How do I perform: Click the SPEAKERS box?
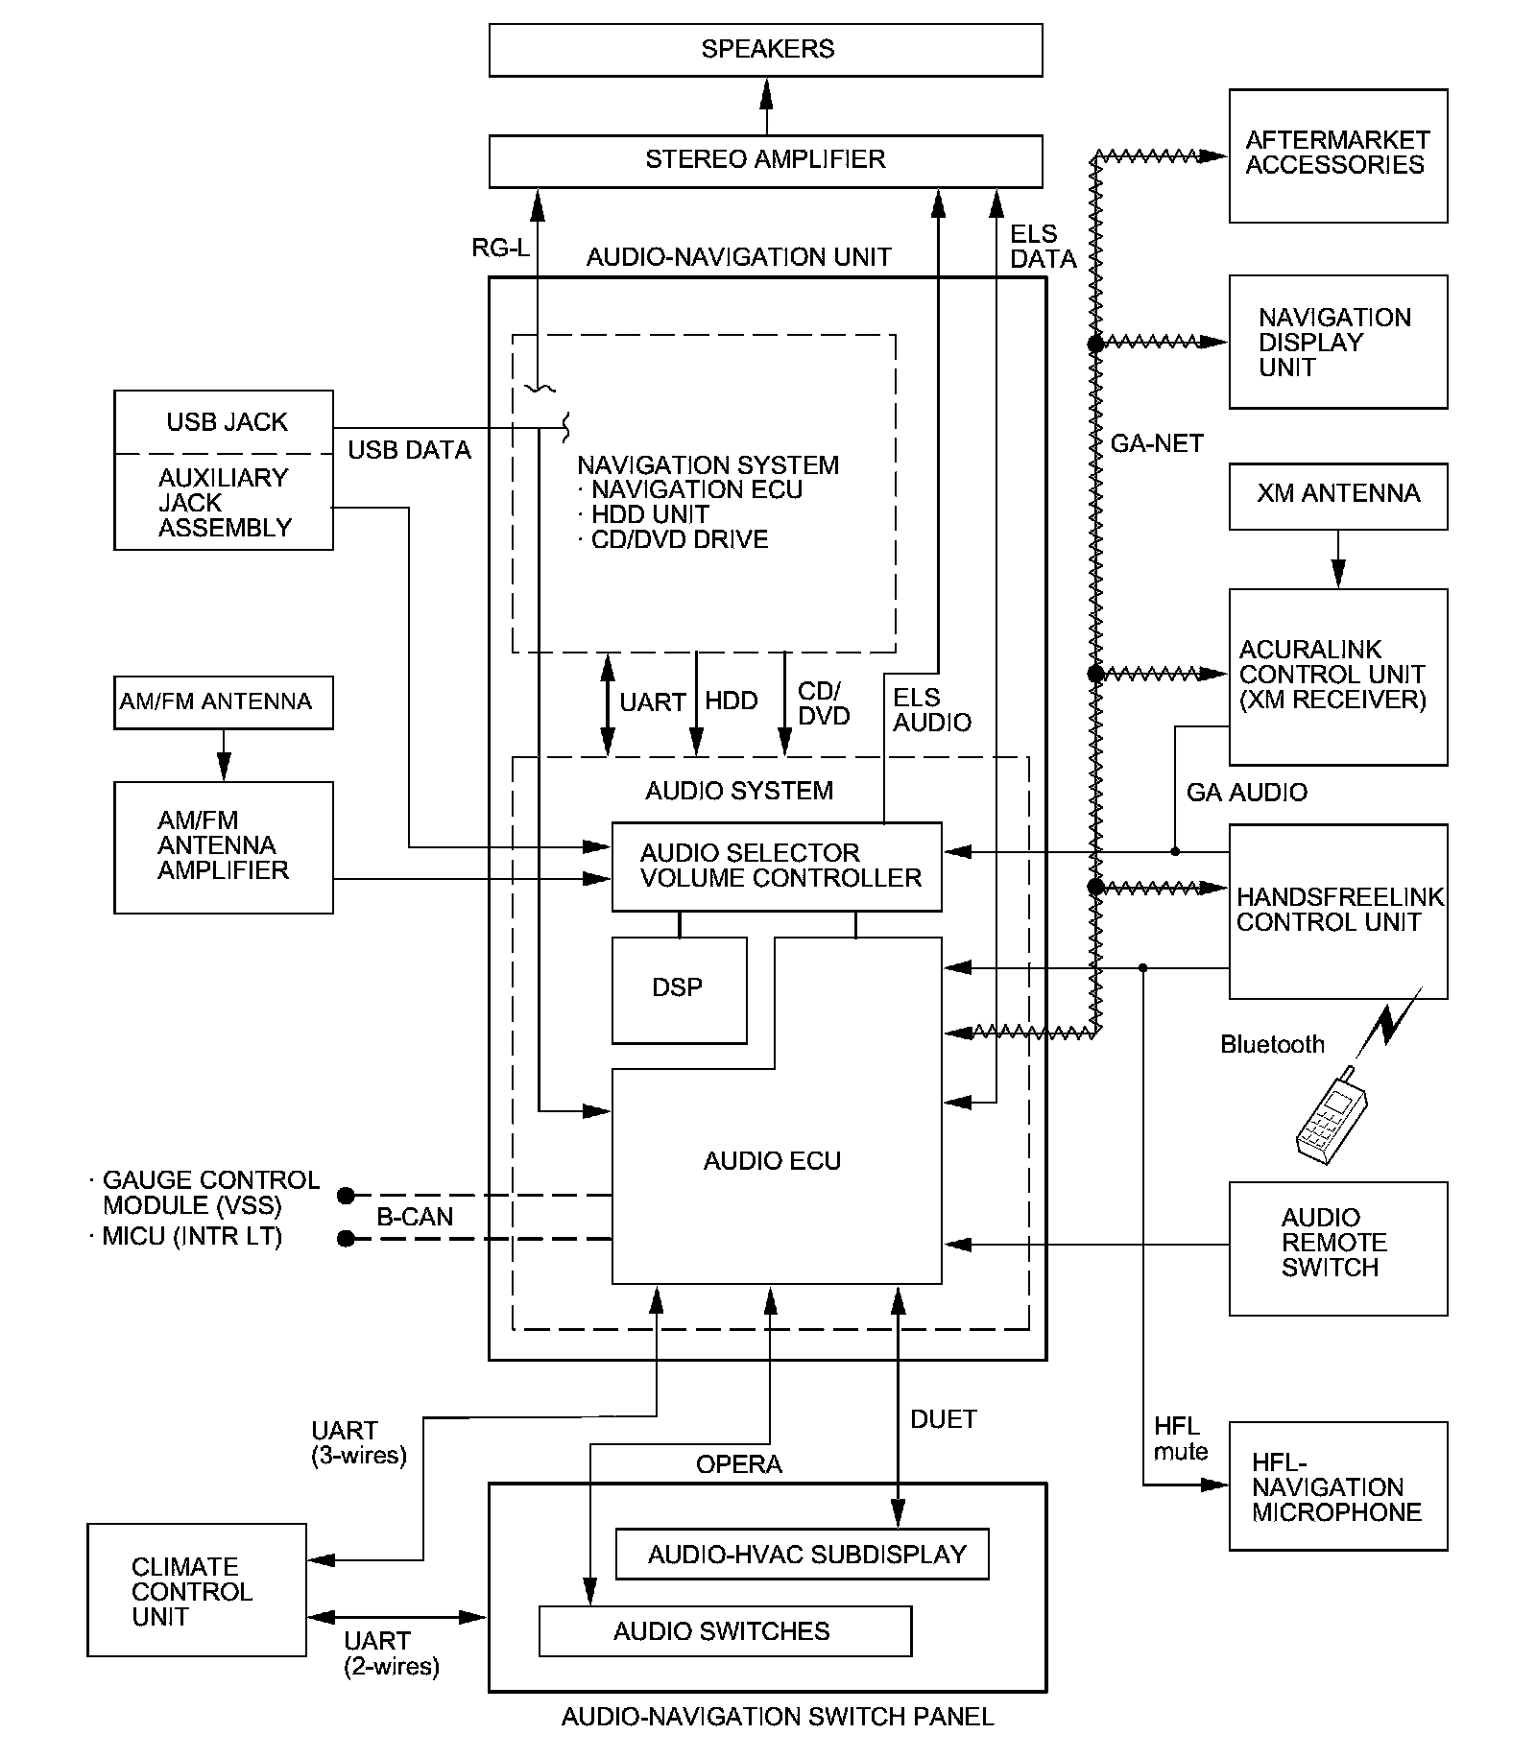click(x=765, y=50)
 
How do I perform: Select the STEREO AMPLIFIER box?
click(x=765, y=160)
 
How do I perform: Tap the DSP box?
click(x=679, y=989)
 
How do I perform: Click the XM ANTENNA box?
click(x=1337, y=495)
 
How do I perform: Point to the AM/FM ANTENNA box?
click(x=223, y=702)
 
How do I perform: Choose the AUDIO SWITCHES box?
click(x=724, y=1630)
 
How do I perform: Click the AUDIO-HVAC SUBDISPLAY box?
click(x=802, y=1554)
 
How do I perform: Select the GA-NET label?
click(x=1156, y=443)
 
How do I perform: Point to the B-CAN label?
click(x=414, y=1217)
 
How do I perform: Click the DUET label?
click(x=943, y=1419)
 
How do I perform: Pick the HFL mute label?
click(x=1180, y=1438)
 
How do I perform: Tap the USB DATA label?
click(x=409, y=450)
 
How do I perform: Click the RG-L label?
click(x=500, y=249)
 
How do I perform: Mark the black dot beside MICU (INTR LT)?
click(x=347, y=1239)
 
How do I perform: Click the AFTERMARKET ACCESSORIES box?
click(x=1337, y=155)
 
